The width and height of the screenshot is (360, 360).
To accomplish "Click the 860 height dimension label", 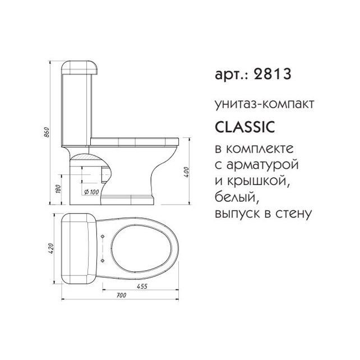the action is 47,132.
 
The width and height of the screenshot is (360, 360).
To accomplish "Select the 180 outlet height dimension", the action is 58,189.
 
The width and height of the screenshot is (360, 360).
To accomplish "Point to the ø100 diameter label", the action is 91,192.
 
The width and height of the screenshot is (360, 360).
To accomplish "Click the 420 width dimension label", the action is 50,248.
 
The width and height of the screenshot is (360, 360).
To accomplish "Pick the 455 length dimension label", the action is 142,287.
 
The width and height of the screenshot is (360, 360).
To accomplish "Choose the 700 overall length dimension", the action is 121,296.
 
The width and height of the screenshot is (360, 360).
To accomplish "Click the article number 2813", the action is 273,74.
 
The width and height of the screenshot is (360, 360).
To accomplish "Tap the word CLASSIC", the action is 245,127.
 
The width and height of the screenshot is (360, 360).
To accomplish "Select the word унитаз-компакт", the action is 265,104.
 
